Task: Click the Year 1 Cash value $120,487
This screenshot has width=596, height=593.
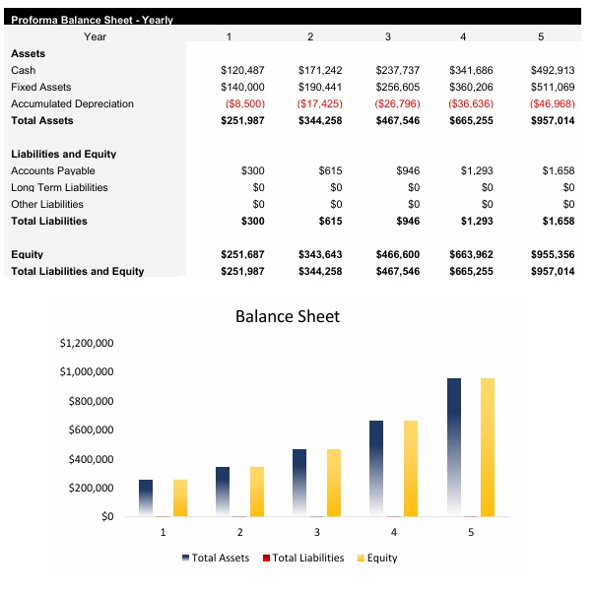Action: click(x=242, y=71)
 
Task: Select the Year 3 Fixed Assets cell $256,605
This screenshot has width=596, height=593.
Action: click(x=397, y=88)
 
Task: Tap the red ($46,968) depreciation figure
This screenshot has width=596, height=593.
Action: click(x=552, y=104)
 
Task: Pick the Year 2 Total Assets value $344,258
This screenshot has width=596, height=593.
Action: click(x=320, y=121)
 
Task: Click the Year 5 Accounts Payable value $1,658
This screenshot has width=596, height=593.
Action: click(x=558, y=171)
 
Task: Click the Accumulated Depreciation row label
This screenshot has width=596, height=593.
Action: click(x=72, y=104)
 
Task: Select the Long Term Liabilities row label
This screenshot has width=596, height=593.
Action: click(x=59, y=188)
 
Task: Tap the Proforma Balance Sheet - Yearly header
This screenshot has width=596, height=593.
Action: click(x=92, y=20)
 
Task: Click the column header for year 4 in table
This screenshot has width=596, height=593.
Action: click(x=463, y=36)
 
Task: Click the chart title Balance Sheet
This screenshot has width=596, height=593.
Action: click(x=287, y=316)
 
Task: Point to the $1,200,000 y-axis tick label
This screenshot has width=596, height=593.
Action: click(x=87, y=344)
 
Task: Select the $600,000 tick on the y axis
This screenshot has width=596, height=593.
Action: click(x=91, y=430)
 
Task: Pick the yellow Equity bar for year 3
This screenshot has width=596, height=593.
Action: click(x=334, y=483)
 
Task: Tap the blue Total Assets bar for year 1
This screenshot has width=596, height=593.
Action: click(x=146, y=497)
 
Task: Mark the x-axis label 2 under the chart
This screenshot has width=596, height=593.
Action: click(x=239, y=532)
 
